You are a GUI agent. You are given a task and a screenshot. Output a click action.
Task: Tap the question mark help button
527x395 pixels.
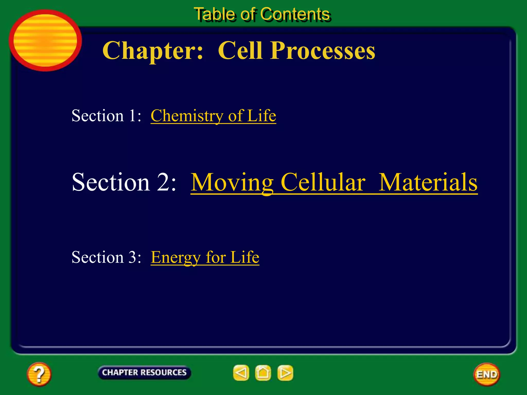tap(39, 374)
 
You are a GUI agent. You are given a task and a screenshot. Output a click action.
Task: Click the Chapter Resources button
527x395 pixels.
tap(144, 372)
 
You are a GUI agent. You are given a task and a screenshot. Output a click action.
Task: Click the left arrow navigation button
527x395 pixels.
tap(241, 373)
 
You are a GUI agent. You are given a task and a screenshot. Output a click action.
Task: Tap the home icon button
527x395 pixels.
tap(263, 373)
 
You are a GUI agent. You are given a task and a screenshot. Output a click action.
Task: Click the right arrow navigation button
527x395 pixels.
tap(285, 373)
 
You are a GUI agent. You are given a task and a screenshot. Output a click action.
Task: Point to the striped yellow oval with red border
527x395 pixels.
tap(45, 40)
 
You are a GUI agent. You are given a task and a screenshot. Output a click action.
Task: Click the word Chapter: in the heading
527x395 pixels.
tap(153, 50)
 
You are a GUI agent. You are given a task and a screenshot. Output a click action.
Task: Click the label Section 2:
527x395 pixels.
tap(124, 182)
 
